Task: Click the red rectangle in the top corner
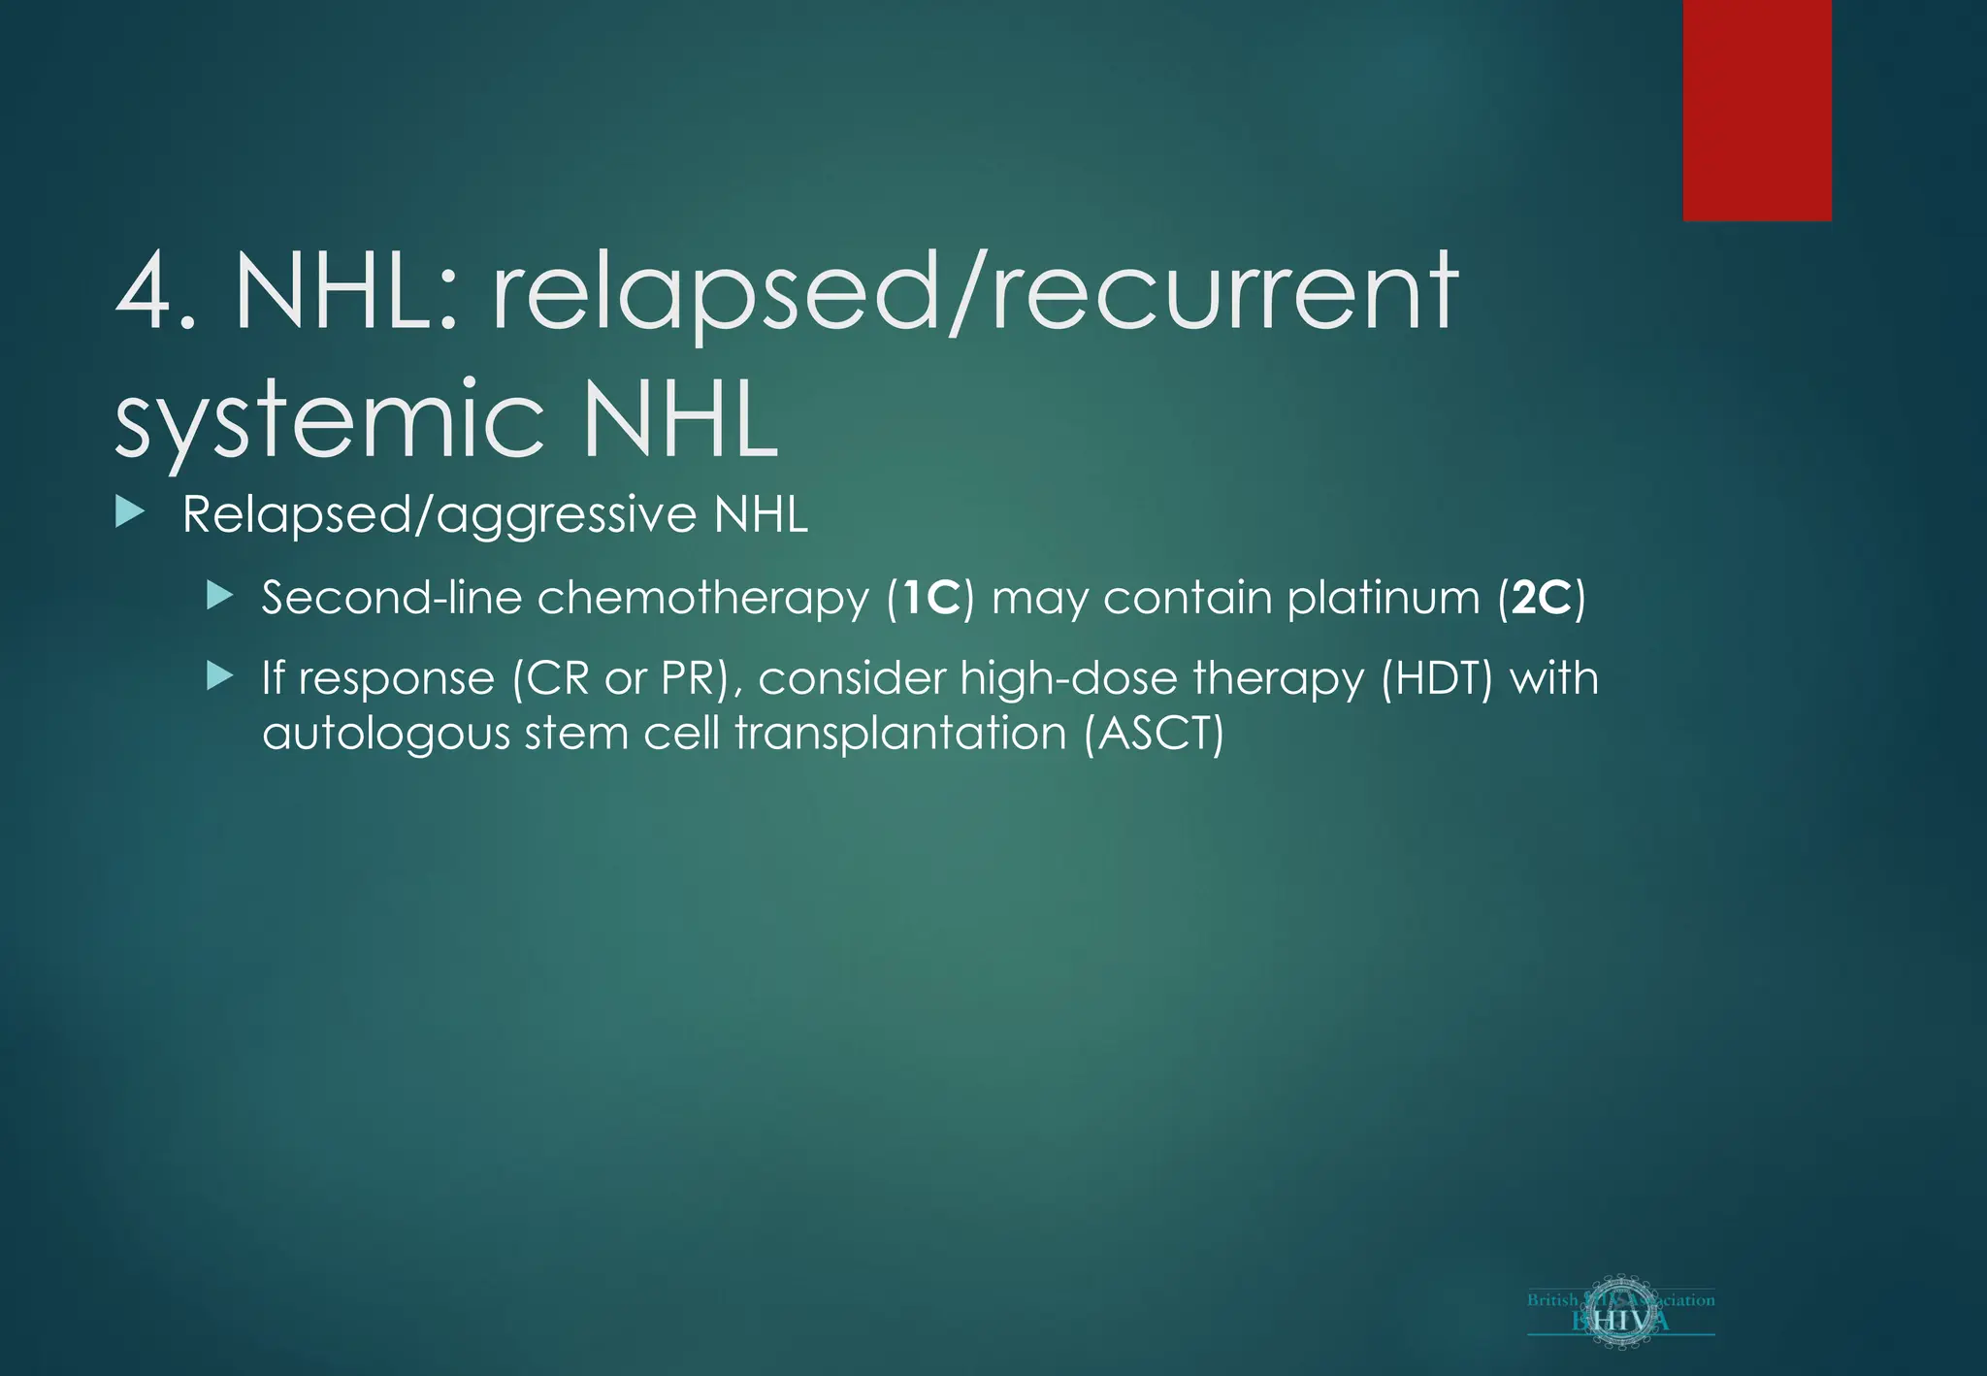[x=1757, y=110]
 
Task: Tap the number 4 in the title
[x=146, y=291]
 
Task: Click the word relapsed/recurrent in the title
[x=974, y=291]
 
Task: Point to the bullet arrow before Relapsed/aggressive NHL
[x=129, y=511]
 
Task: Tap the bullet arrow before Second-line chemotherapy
[x=220, y=595]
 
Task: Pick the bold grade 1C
[x=930, y=597]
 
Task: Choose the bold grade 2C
[x=1541, y=597]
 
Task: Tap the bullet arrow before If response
[x=220, y=675]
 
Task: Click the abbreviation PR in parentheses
[x=686, y=677]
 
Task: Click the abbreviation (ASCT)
[x=1154, y=733]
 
